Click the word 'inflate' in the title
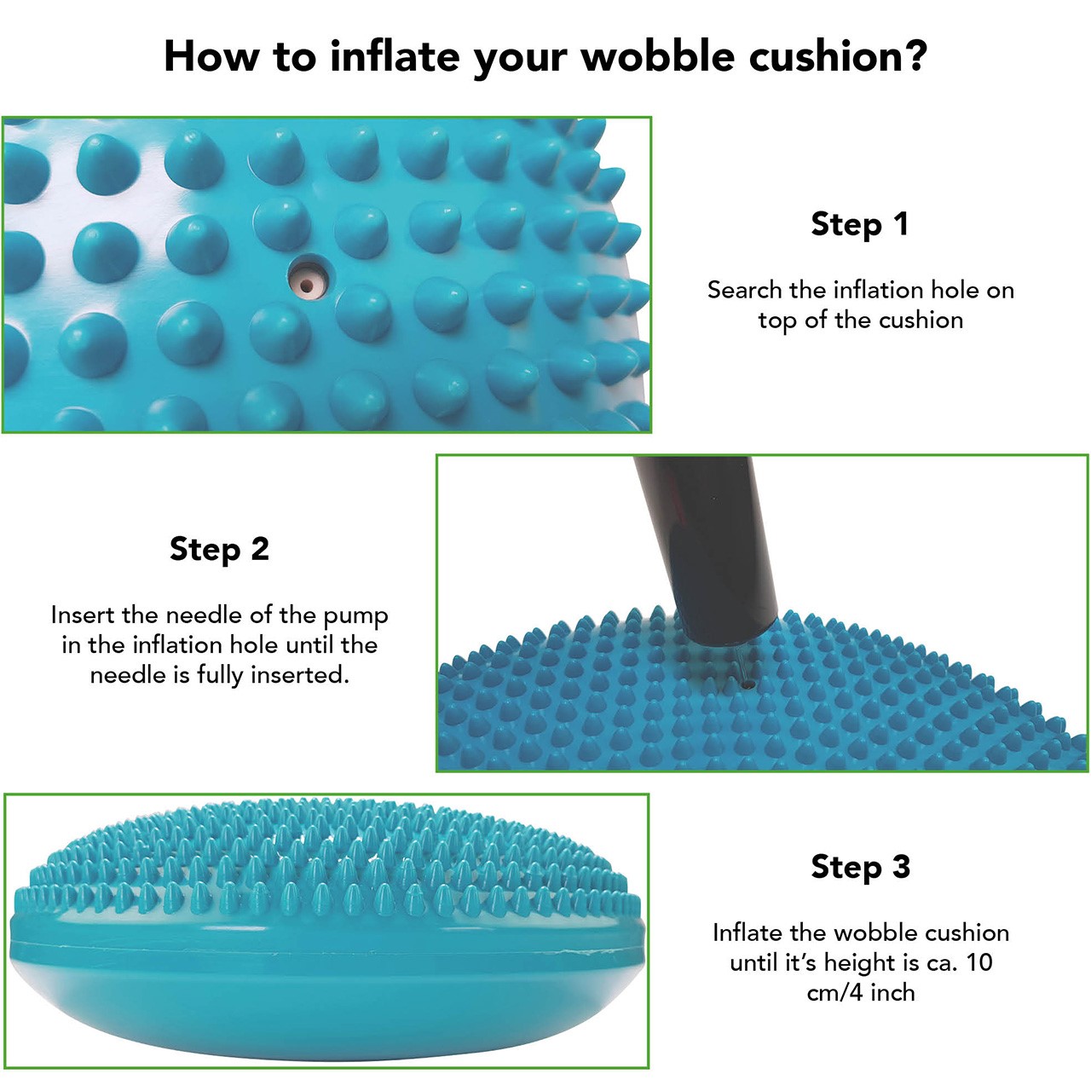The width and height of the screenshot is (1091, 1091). [x=395, y=56]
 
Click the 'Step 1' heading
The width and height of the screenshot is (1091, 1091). [x=860, y=223]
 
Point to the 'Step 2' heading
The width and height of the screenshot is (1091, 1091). [x=219, y=549]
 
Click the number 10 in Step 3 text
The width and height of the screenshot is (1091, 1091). [x=978, y=962]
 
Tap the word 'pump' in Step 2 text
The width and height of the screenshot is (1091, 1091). [x=356, y=617]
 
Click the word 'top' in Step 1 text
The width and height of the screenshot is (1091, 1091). [x=778, y=321]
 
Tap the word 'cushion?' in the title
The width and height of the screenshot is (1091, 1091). [x=839, y=56]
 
